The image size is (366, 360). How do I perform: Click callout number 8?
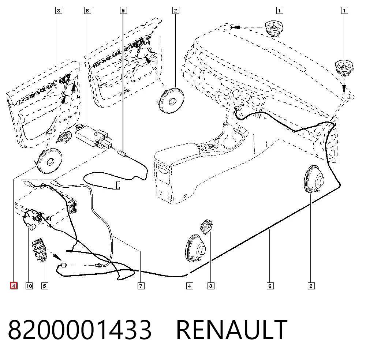(87, 11)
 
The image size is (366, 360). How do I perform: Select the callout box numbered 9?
(123, 11)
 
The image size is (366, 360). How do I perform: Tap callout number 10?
(29, 286)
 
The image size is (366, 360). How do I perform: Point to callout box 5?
(45, 286)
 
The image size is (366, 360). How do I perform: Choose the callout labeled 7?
(141, 286)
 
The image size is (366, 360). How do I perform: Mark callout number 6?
(270, 286)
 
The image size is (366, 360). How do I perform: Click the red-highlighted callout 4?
(14, 286)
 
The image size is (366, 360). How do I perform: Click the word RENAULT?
(232, 330)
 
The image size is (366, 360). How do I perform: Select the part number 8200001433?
(80, 330)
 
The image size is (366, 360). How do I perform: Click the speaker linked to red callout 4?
(49, 161)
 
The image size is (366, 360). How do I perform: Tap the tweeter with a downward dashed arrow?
(344, 68)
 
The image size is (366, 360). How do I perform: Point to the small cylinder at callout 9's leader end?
(122, 153)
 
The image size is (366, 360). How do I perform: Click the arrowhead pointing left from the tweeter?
(235, 27)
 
